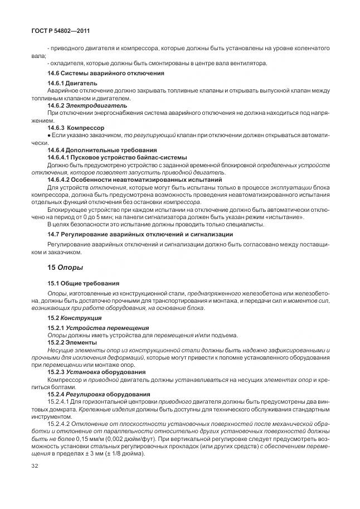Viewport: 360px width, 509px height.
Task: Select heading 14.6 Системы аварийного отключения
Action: click(x=105, y=73)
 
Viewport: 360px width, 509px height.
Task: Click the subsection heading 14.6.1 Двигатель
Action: click(x=73, y=83)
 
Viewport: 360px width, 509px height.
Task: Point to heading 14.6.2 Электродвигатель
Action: click(x=87, y=105)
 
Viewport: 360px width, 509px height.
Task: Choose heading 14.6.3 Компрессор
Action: click(x=76, y=128)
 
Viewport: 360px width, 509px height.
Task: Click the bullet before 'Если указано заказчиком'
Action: click(x=50, y=135)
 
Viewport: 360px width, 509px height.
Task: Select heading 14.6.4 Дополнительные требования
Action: click(x=101, y=150)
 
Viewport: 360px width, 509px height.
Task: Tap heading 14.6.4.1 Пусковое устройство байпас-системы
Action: click(x=117, y=157)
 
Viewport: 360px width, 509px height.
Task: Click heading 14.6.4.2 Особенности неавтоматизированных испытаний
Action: click(x=135, y=180)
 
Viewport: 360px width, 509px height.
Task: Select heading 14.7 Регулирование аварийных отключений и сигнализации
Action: click(x=140, y=234)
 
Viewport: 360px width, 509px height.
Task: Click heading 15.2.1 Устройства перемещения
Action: click(x=98, y=328)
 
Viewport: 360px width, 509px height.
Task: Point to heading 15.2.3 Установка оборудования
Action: click(x=96, y=372)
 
